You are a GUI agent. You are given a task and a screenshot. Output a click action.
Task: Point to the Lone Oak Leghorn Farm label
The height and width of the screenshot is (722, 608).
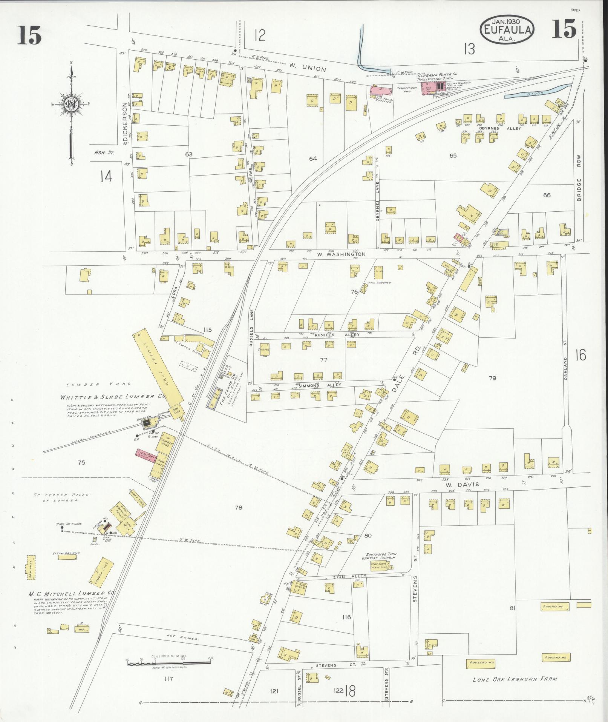[x=515, y=679]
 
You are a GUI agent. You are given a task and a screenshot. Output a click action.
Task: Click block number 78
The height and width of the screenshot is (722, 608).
[x=238, y=508]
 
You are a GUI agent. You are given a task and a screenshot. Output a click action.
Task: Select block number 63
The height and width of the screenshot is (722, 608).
[x=189, y=154]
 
